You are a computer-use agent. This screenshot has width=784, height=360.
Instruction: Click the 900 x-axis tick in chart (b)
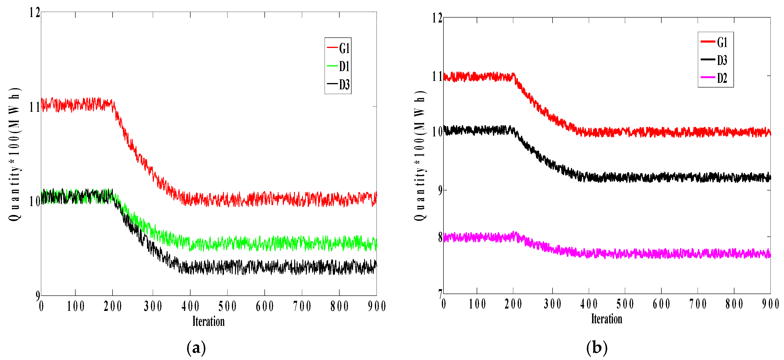point(770,304)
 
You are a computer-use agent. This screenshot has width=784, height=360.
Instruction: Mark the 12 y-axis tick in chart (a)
point(34,13)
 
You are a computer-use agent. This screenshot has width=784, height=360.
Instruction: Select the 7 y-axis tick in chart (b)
point(440,294)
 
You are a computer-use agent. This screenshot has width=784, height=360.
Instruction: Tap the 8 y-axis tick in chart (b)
point(440,237)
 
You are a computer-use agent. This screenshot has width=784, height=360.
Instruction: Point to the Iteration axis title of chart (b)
point(607,319)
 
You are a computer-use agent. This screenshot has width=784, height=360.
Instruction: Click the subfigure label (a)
point(196,348)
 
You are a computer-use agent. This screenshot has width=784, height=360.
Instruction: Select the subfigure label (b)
point(597,348)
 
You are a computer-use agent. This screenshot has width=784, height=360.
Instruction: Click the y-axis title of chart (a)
point(14,154)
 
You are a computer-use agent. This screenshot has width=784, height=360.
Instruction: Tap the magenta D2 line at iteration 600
point(661,254)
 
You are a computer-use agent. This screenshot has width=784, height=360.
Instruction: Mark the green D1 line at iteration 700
point(302,244)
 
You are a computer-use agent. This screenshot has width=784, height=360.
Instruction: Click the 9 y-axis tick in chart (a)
point(37,295)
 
